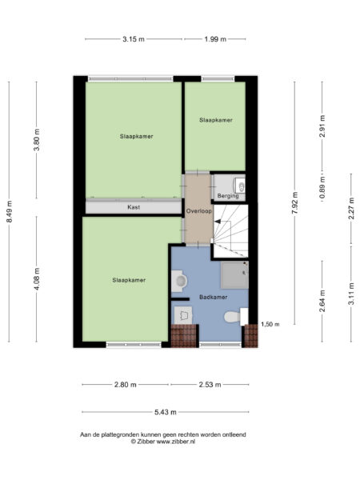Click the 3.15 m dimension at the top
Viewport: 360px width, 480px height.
(134, 38)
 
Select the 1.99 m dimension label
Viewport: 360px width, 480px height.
(214, 38)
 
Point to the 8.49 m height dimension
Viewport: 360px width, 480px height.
(10, 212)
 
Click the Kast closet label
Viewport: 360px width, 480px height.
(134, 207)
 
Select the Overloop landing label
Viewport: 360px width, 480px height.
(198, 211)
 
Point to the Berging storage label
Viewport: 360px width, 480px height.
(227, 195)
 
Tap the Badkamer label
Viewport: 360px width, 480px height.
(212, 296)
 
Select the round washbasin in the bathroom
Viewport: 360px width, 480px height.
(181, 282)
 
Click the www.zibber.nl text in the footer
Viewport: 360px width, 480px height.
(185, 441)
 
